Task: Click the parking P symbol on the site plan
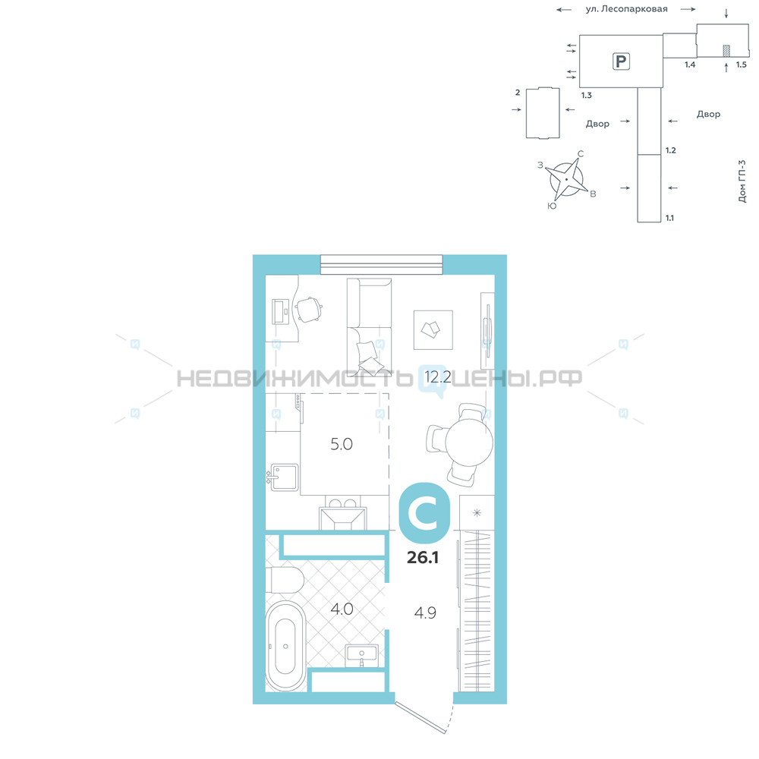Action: coord(621,61)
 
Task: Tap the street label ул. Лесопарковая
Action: coord(626,8)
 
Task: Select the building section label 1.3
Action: coord(587,96)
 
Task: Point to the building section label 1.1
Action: coord(669,218)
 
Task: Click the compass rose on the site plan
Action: coord(567,179)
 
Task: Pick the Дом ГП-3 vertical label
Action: coord(742,181)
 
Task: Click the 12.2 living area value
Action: coord(438,376)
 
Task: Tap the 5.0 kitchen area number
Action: coord(342,444)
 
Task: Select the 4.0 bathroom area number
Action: coord(342,609)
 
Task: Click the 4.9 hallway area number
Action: coord(425,613)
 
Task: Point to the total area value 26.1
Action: coord(423,557)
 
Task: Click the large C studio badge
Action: coord(424,512)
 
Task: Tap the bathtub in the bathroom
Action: coord(285,646)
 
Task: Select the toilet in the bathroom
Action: coord(285,580)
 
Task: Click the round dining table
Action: coord(468,442)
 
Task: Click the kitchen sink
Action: coord(284,477)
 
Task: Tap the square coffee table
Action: coord(433,329)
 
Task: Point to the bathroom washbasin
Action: coord(361,654)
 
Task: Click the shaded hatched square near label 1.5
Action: coord(726,50)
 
